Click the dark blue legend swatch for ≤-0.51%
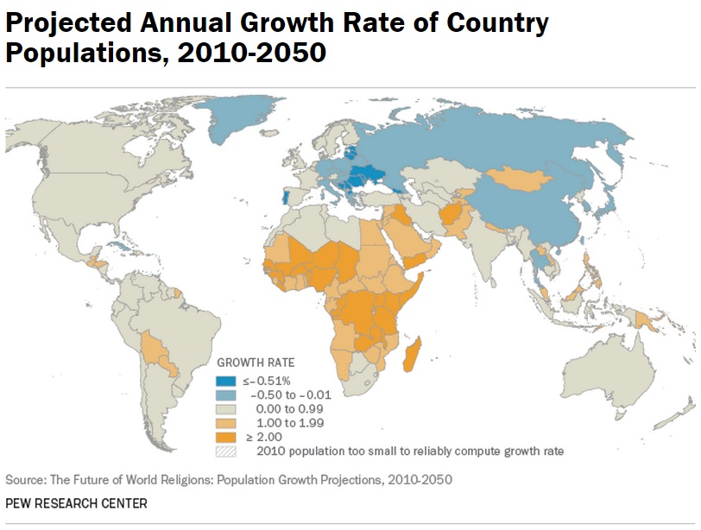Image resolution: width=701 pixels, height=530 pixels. coord(225,380)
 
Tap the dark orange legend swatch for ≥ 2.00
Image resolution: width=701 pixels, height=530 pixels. coord(225,436)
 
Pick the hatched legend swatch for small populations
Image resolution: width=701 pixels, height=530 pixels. coord(225,450)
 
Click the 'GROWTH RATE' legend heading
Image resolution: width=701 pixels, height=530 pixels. coord(255,363)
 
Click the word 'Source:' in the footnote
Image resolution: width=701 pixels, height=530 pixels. coord(26,479)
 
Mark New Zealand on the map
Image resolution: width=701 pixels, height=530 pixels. coord(687,415)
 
